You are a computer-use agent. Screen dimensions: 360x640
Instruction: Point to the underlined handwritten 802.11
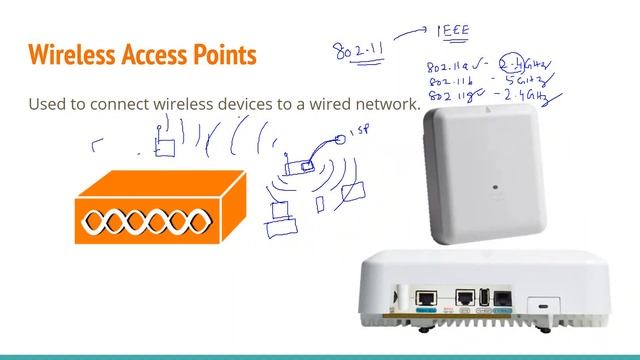tap(356, 50)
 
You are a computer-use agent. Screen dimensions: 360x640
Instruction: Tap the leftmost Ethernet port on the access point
tap(426, 297)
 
